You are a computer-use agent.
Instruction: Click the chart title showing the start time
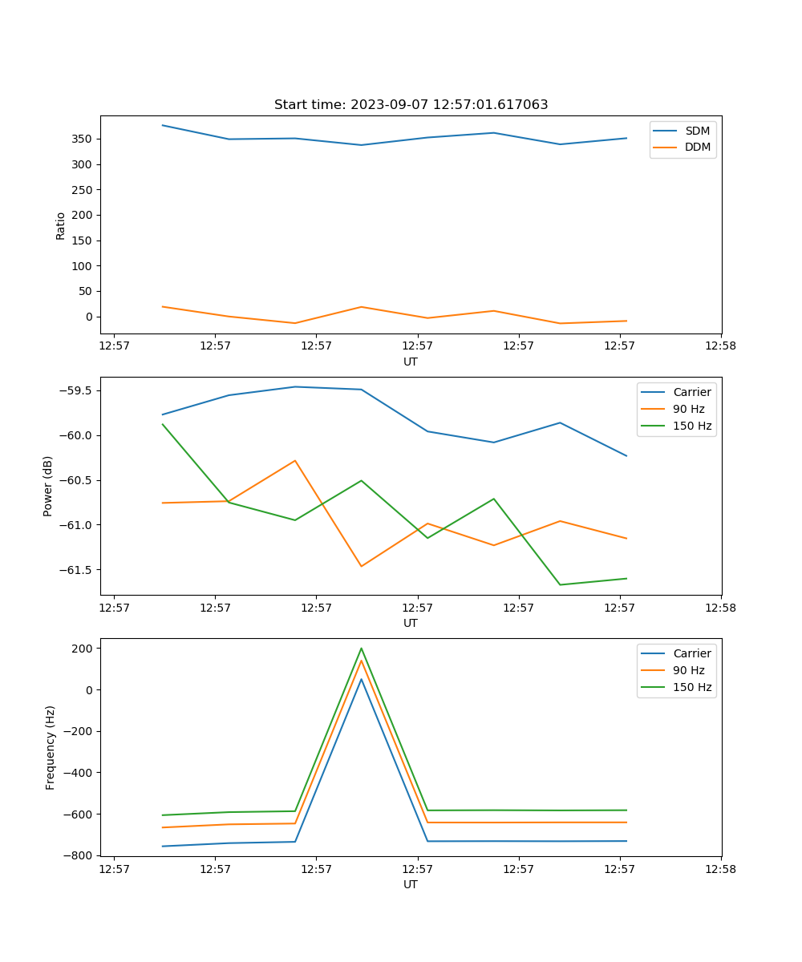(x=411, y=105)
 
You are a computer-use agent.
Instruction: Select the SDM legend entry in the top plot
(x=697, y=131)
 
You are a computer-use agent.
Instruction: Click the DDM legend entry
(x=697, y=147)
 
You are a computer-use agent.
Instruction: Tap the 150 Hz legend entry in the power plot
(x=691, y=426)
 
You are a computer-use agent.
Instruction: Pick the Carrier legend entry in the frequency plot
(x=691, y=653)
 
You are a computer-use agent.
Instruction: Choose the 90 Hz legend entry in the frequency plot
(x=688, y=670)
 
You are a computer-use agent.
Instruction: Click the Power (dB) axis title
(x=48, y=486)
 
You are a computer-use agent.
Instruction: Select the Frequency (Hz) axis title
(x=51, y=747)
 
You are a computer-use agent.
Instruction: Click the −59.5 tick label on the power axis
(x=76, y=390)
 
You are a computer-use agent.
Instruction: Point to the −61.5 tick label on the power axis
(x=76, y=570)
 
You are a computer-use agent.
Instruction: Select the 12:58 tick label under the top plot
(x=720, y=346)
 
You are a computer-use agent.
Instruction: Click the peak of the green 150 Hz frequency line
(x=361, y=649)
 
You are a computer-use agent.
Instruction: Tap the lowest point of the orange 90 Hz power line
(x=361, y=566)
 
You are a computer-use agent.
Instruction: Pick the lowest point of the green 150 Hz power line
(x=560, y=584)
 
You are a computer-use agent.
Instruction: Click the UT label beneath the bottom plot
(x=411, y=884)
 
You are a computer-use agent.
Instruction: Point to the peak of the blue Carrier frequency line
(x=361, y=679)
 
